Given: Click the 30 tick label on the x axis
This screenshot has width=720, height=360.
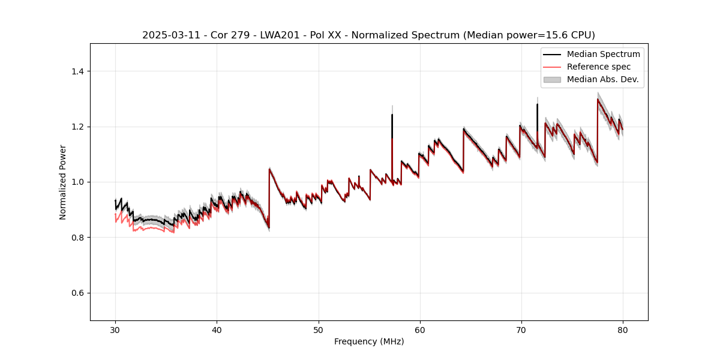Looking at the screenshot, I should (x=115, y=329).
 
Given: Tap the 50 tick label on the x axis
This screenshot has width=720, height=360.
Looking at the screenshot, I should (x=318, y=329).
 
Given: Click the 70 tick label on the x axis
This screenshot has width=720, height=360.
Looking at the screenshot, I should (x=521, y=329).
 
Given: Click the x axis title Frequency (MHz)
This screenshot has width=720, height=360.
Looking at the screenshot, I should (x=369, y=341).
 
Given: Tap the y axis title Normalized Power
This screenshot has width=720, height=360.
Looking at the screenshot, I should (x=63, y=182).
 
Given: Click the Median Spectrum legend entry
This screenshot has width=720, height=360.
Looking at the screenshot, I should (x=603, y=54).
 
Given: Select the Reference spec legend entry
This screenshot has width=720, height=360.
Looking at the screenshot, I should (x=598, y=67).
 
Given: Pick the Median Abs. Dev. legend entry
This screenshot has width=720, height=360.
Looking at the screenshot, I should (x=602, y=79).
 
